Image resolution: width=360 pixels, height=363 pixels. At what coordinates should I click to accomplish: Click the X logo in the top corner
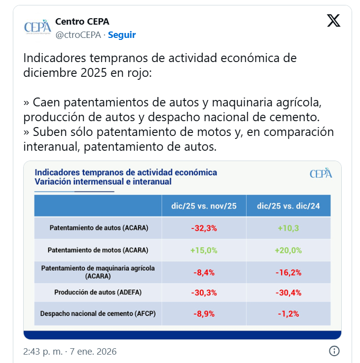(334, 21)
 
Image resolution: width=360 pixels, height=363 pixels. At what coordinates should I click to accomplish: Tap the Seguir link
(122, 35)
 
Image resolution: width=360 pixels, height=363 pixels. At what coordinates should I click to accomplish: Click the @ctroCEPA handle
(78, 35)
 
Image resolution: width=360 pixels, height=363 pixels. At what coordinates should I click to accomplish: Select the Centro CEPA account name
(82, 22)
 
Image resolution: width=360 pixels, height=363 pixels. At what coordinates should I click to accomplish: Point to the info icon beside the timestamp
(334, 351)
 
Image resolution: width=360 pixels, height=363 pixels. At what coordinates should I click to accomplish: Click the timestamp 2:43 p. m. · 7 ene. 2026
(70, 352)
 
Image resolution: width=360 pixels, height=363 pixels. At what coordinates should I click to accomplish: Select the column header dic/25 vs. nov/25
(204, 206)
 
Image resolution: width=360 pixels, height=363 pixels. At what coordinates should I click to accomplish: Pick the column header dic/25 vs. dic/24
(288, 206)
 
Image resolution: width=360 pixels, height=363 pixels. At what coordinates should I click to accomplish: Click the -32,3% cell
(204, 228)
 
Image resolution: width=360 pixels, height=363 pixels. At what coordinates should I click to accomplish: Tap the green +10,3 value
(288, 228)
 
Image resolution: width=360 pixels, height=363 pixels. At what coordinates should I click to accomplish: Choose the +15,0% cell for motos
(204, 250)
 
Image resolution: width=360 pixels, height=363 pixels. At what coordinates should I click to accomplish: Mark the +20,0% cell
(288, 250)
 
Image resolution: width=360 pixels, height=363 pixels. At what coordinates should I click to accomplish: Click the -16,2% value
(288, 272)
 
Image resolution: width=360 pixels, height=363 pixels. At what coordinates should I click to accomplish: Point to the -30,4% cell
(288, 292)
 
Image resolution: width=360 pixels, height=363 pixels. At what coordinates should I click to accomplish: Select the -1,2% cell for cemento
(288, 313)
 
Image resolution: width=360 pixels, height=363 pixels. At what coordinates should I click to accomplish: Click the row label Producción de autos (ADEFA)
(98, 292)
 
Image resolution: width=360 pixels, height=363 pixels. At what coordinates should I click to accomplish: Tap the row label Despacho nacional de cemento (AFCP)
(98, 313)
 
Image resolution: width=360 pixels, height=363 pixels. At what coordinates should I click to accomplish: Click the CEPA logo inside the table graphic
(321, 173)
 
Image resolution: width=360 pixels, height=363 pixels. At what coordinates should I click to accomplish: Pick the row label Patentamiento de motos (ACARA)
(98, 250)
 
